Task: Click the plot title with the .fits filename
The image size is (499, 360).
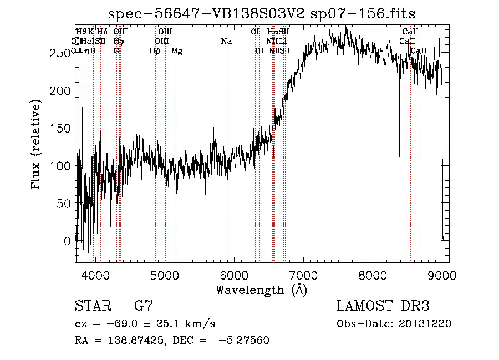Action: (x=262, y=13)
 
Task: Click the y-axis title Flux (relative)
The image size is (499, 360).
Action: (x=37, y=145)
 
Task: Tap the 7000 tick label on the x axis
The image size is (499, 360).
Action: (x=303, y=274)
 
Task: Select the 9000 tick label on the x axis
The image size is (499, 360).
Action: (x=442, y=274)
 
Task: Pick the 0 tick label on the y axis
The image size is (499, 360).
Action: (x=67, y=241)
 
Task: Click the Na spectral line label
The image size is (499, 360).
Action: (x=226, y=41)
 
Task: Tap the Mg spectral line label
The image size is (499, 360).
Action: (x=176, y=51)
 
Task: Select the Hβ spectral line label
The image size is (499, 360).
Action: (x=155, y=51)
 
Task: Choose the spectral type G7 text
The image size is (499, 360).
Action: (x=144, y=306)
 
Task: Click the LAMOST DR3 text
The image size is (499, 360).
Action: (x=383, y=306)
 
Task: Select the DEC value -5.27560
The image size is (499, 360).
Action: (x=245, y=340)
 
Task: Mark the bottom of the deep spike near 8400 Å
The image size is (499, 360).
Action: (x=400, y=156)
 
